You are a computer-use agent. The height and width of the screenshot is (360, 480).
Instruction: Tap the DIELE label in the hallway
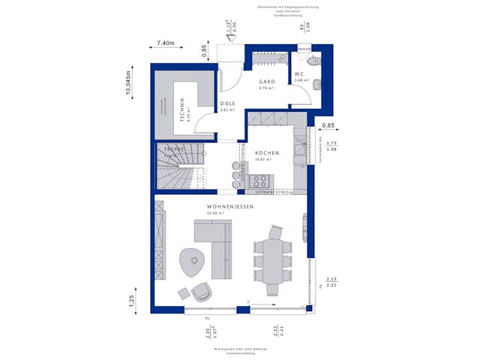click(x=227, y=104)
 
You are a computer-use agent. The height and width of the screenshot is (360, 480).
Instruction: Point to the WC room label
click(x=298, y=74)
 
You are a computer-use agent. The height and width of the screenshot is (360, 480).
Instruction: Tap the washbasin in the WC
click(x=315, y=82)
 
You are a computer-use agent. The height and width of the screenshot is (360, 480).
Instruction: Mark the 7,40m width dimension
click(x=165, y=44)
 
